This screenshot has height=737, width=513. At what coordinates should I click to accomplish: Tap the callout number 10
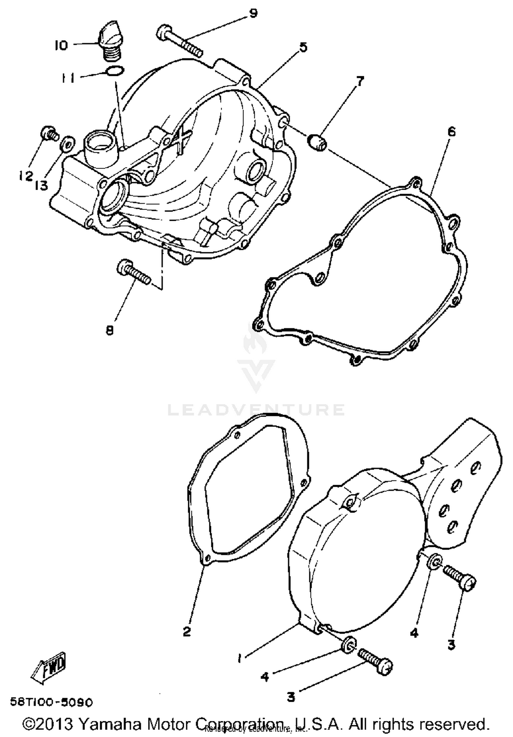[x=62, y=45]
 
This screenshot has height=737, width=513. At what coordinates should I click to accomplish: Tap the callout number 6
[x=451, y=132]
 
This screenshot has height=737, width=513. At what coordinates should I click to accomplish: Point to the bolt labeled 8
[x=134, y=272]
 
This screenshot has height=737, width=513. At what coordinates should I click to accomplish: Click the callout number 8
[x=109, y=330]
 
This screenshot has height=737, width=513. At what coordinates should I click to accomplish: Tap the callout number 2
[x=187, y=631]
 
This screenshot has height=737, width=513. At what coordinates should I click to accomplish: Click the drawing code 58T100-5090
[x=51, y=702]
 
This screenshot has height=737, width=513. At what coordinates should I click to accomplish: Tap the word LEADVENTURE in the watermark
[x=256, y=410]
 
